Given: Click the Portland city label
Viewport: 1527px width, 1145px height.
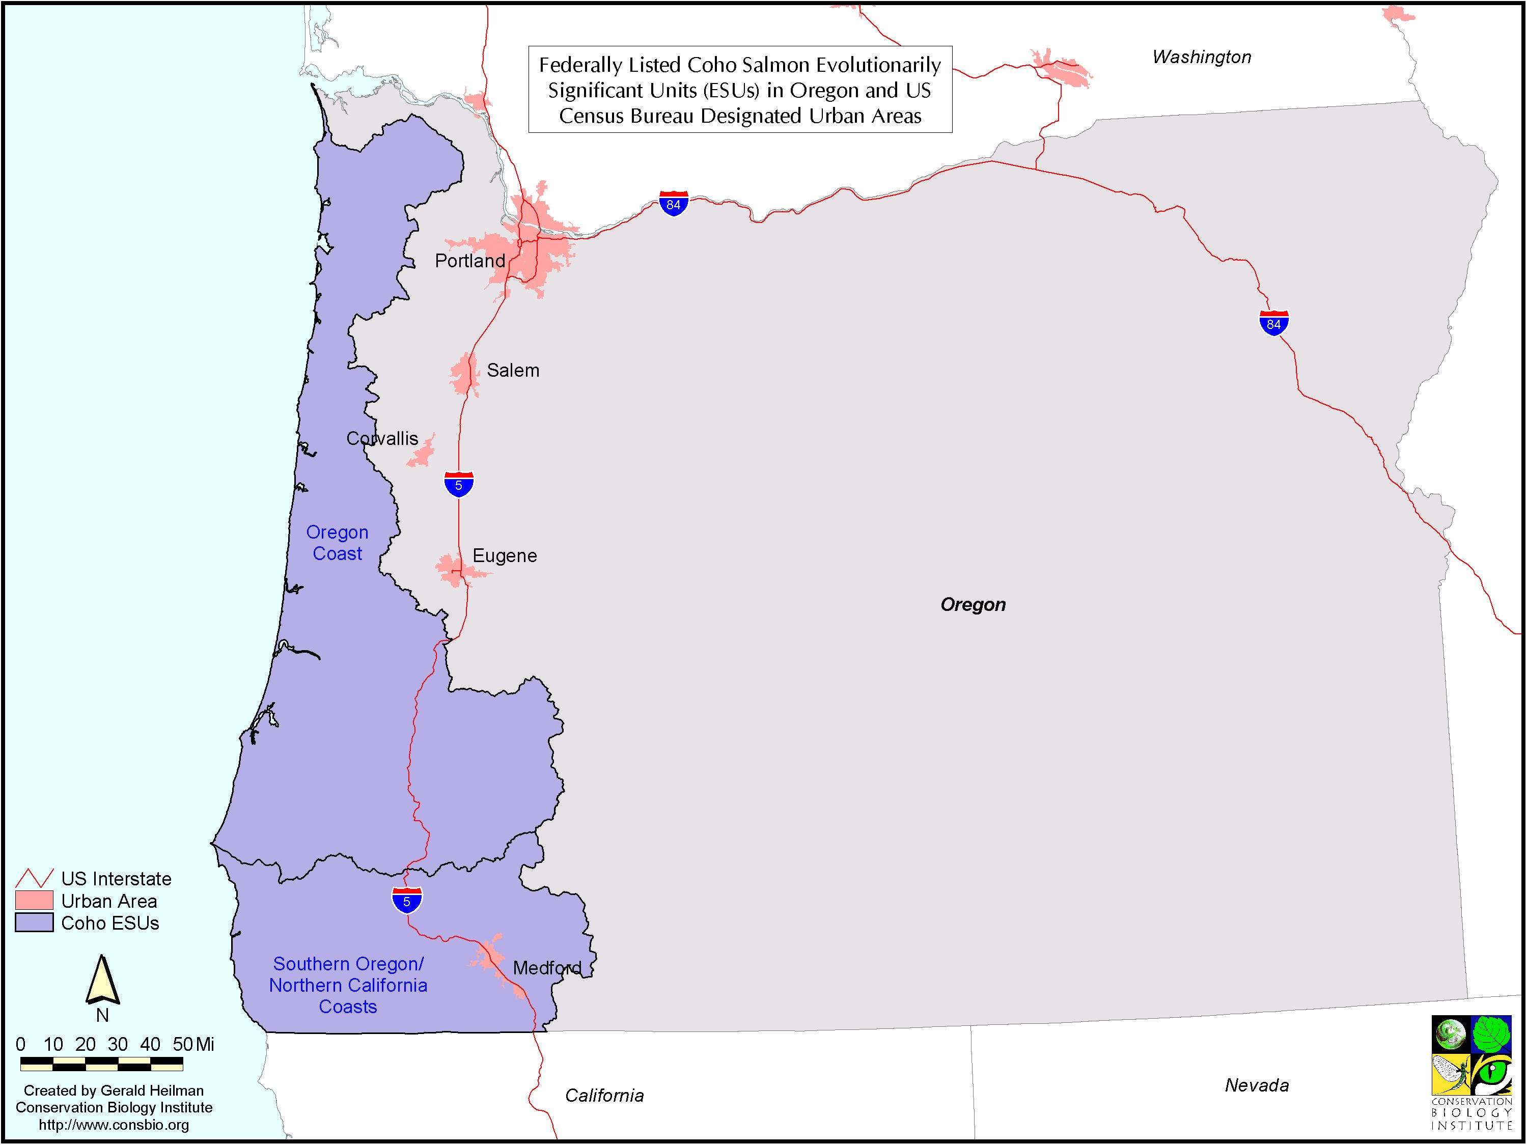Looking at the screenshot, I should (469, 261).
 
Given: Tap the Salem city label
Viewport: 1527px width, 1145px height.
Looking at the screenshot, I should (513, 371).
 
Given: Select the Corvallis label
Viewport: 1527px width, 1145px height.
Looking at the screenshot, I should (382, 439).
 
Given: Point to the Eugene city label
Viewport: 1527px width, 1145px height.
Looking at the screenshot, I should (505, 555).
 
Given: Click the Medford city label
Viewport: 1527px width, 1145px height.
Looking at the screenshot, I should (547, 968).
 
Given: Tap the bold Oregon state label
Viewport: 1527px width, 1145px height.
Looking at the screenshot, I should (973, 605).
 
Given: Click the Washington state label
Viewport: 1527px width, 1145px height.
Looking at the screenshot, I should (1201, 58).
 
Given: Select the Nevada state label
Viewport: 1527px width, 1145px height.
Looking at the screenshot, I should (1257, 1085).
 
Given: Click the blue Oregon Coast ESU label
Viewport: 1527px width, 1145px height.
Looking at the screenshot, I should (337, 543).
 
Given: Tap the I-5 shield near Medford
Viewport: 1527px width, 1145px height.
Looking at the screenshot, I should (407, 901).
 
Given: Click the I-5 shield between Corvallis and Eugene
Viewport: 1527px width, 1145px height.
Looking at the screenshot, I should (458, 485).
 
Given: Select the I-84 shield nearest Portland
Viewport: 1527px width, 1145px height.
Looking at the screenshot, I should (673, 204).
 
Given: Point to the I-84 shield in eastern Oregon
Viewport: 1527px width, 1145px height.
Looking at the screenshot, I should (1273, 323).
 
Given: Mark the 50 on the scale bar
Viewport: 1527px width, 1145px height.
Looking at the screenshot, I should (182, 1044).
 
